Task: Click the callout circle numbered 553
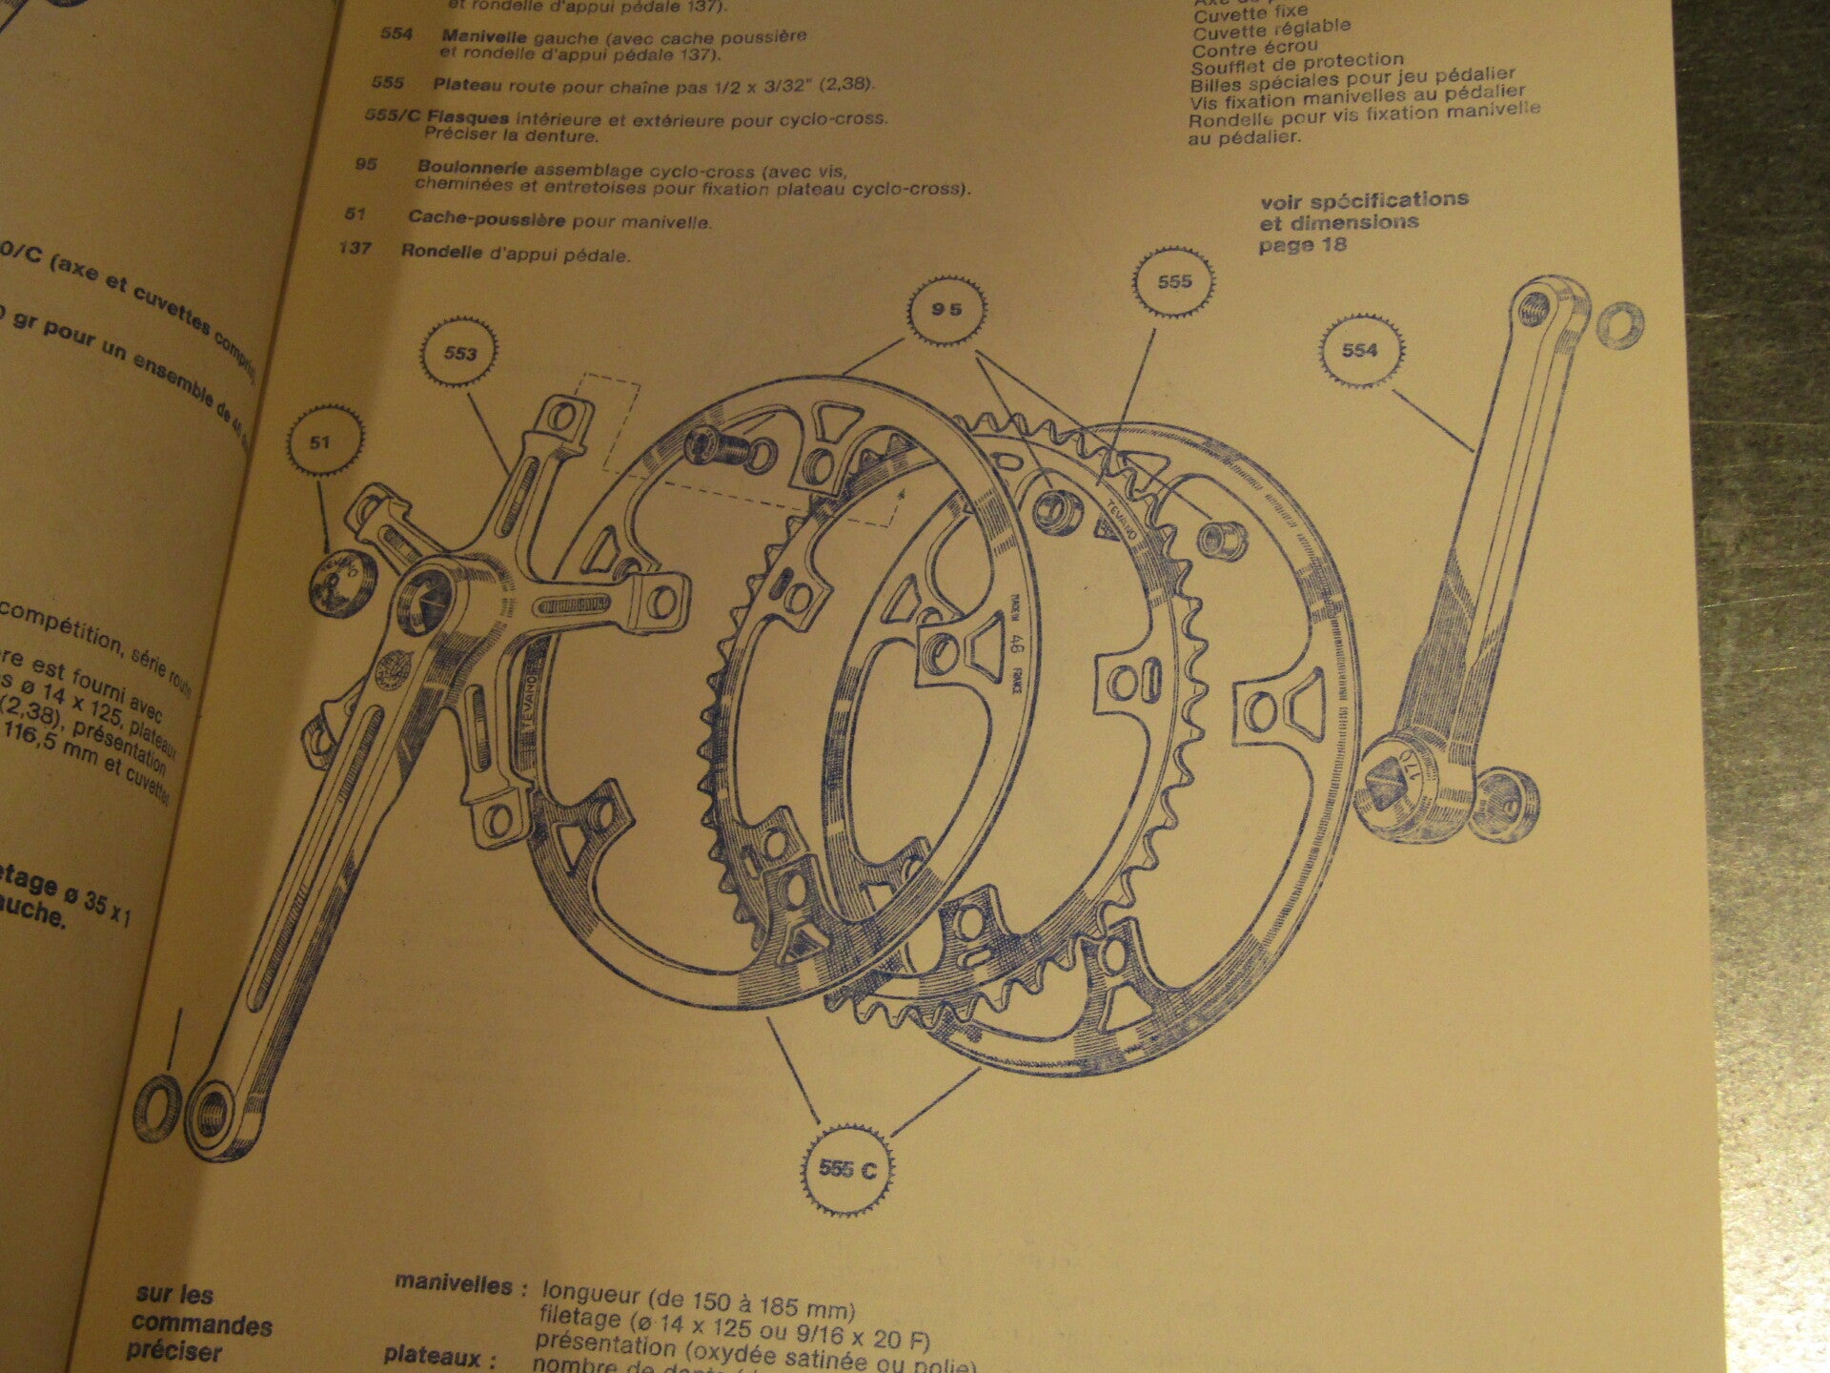tap(459, 354)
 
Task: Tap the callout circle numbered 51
tap(325, 441)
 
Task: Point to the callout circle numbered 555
tap(1174, 282)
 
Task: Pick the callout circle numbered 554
tap(1358, 350)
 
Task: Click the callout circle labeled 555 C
tap(846, 1169)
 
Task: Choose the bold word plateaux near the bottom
tap(439, 1355)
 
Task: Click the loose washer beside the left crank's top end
tap(1617, 325)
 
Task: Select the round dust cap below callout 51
tap(344, 582)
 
